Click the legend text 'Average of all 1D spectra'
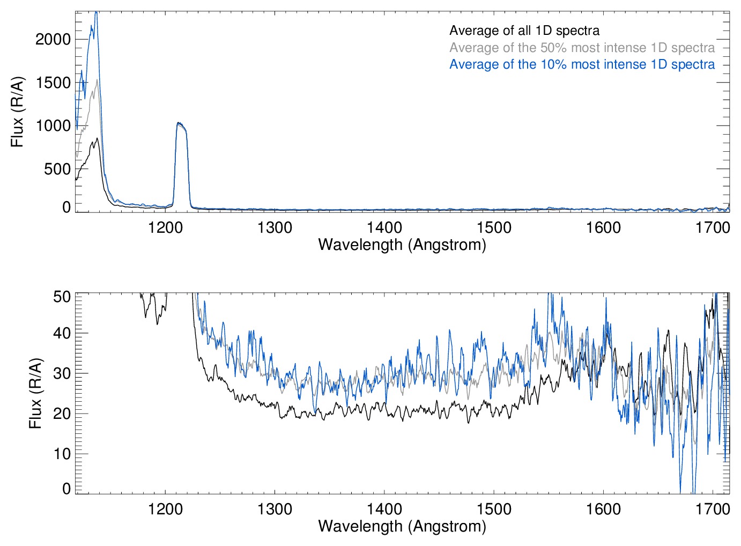pos(524,31)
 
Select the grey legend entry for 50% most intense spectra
pos(582,48)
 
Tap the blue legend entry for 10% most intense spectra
pos(582,64)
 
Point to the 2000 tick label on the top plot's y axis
pos(53,39)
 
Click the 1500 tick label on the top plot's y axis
pos(53,83)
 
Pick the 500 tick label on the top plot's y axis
pos(57,169)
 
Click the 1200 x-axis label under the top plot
pos(165,227)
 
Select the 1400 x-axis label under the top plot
pos(384,227)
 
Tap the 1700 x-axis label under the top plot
pos(713,227)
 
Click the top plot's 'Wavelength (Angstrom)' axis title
pos(402,245)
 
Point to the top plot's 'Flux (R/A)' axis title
pos(17,112)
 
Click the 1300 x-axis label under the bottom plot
pos(275,509)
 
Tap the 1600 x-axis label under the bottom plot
pos(603,509)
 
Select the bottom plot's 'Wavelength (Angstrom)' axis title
pos(402,526)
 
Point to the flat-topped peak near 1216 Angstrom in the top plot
pos(181,124)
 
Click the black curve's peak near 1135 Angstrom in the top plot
pos(97,138)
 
